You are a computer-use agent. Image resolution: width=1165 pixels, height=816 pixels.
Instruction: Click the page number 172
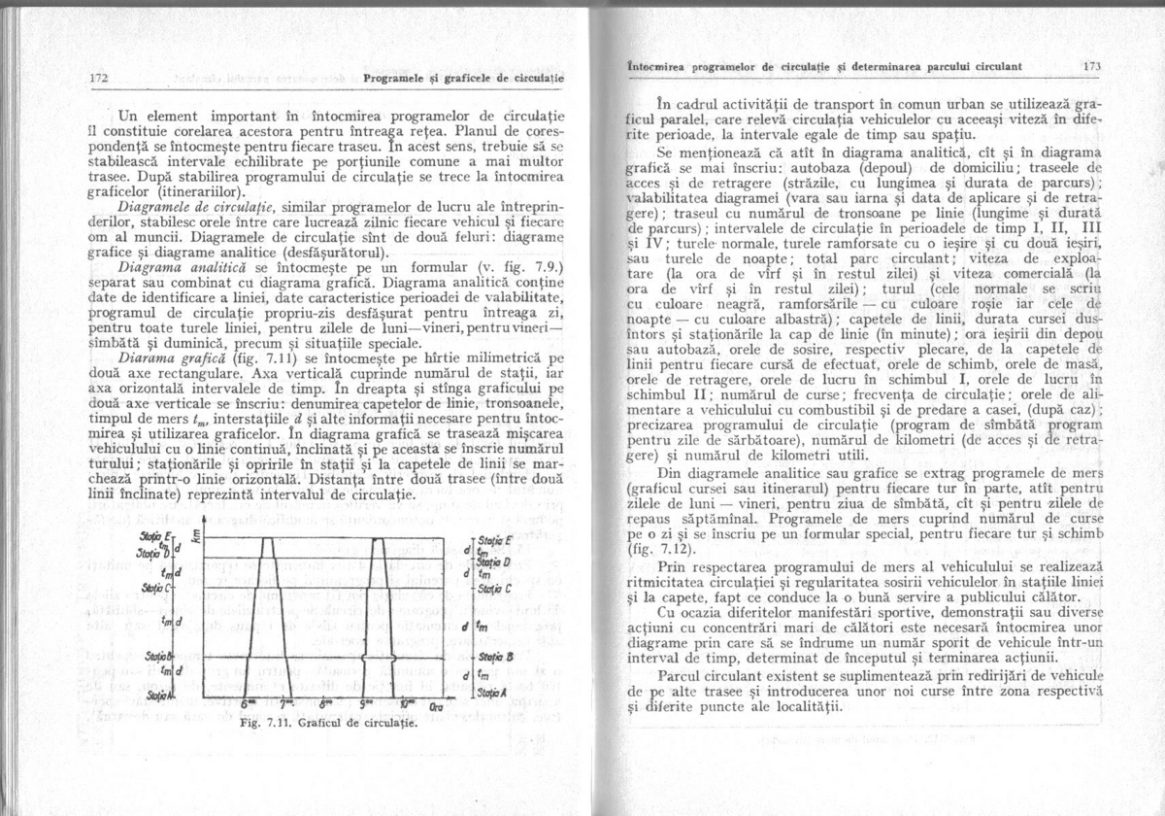click(x=97, y=78)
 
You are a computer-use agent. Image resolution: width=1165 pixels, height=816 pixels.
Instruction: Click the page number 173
click(x=1091, y=68)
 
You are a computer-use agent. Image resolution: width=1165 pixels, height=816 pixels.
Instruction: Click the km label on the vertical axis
click(x=197, y=536)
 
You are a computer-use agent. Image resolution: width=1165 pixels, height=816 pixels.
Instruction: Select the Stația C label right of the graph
click(x=495, y=589)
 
